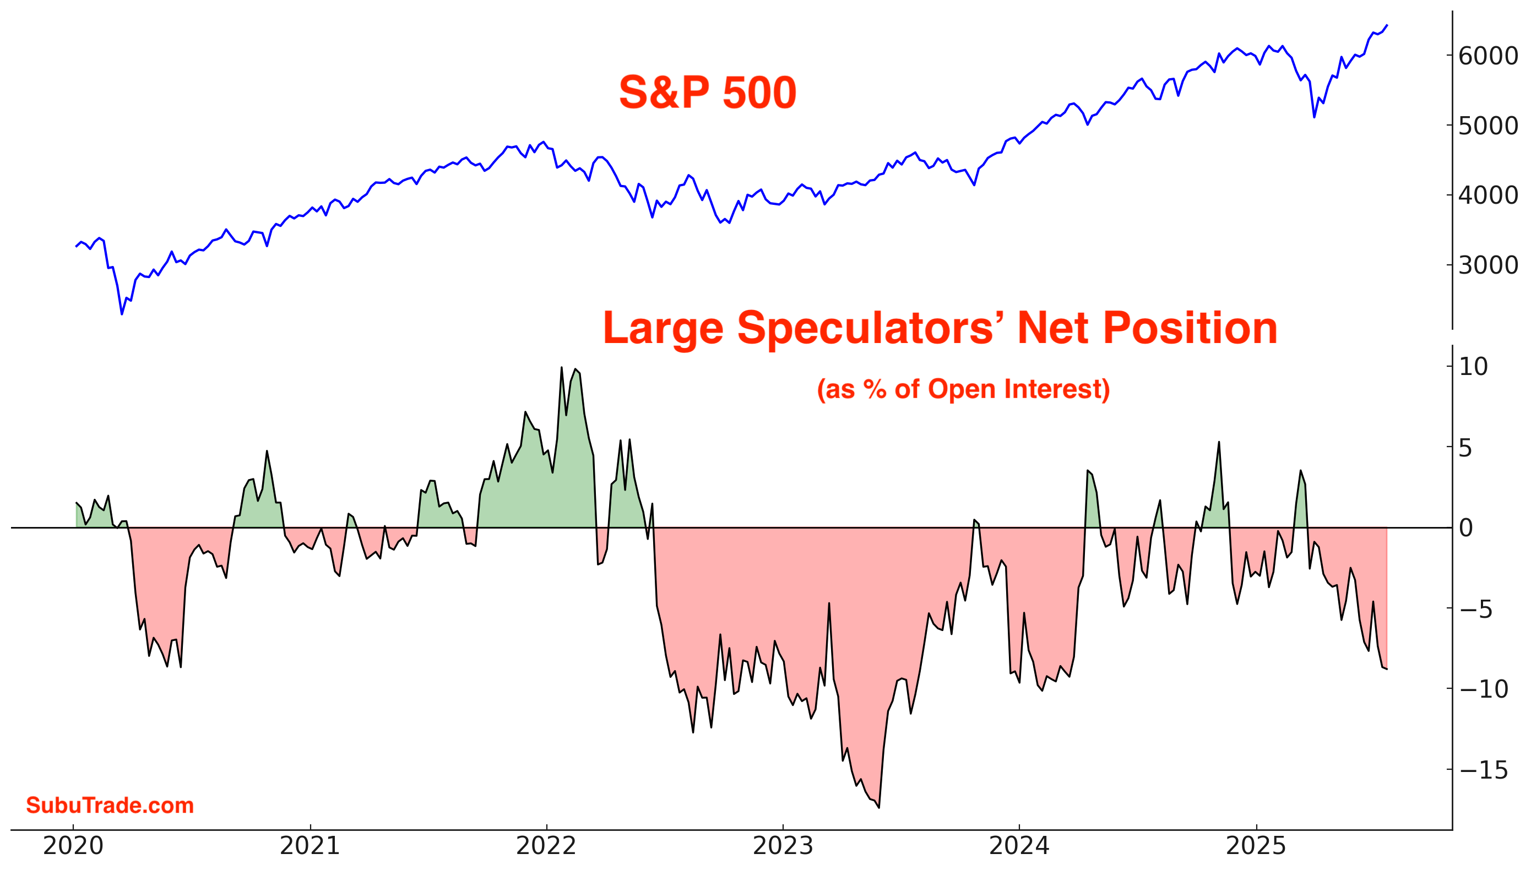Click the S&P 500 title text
pos(707,93)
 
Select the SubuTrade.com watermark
pos(110,805)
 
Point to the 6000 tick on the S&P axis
pos(1487,56)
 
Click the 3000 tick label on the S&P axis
pos(1487,265)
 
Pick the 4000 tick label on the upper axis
pos(1487,195)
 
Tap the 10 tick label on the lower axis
pos(1473,366)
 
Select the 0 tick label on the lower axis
pos(1465,528)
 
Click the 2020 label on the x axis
pos(73,846)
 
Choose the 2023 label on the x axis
pos(783,846)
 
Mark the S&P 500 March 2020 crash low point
pos(122,314)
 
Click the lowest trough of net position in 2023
pos(879,807)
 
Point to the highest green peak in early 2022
pos(561,367)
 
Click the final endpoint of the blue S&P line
pos(1387,26)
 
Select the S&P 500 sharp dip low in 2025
pos(1314,117)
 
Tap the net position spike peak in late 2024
pos(1219,442)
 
